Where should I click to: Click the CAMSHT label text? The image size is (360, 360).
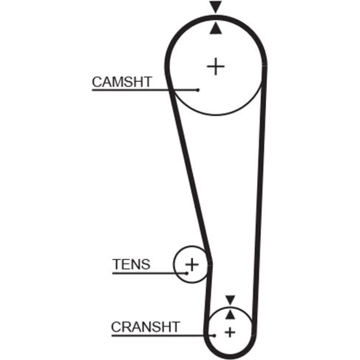pos(122,82)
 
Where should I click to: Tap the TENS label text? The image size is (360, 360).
pos(131,264)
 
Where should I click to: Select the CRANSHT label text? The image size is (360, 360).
pos(145,327)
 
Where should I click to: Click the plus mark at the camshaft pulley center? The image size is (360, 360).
pos(216,67)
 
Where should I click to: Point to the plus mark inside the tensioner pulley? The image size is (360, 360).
pos(192,265)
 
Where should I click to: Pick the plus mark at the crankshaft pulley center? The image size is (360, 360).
pos(230,332)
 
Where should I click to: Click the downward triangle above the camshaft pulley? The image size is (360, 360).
pos(216,7)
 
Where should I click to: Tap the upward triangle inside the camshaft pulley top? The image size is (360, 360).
pos(216,28)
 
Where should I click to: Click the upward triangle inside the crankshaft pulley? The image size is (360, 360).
pos(230,315)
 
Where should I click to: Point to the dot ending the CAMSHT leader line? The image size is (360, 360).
pos(198,90)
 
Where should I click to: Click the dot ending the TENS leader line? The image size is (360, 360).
pos(187,273)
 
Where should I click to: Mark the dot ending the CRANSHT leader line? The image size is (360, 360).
pos(215,336)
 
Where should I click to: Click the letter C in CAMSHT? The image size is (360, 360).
pos(97,82)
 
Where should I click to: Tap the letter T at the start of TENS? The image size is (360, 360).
pos(116,264)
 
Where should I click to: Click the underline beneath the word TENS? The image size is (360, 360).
pos(150,273)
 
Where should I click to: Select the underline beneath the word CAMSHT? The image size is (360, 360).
pos(145,90)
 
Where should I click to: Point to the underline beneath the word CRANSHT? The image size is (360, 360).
pos(163,336)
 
